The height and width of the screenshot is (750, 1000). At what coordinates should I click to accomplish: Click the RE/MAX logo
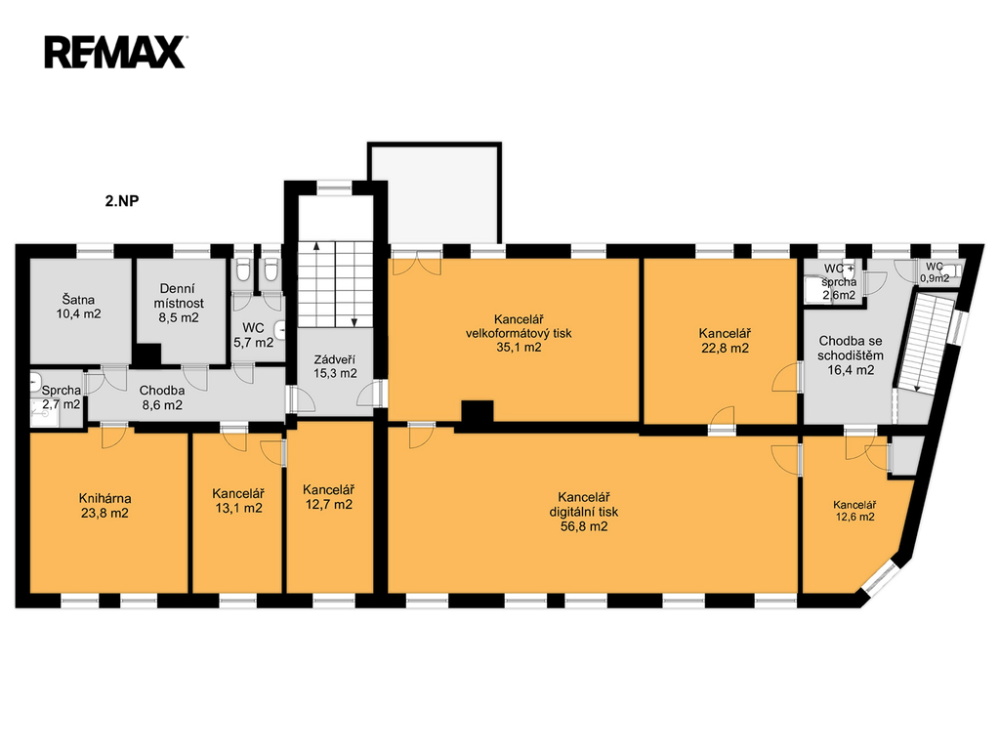(x=114, y=51)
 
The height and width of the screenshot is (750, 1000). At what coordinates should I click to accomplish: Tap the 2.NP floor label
(x=121, y=202)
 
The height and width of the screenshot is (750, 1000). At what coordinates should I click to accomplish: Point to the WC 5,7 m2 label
(x=254, y=335)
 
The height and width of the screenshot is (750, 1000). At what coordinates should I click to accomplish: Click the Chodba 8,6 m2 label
(x=160, y=396)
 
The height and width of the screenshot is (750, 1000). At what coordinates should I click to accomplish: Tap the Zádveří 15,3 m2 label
(x=335, y=365)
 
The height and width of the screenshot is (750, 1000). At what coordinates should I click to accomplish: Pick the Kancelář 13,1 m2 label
(x=238, y=500)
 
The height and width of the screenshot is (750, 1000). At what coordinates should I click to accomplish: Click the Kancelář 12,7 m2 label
(x=328, y=497)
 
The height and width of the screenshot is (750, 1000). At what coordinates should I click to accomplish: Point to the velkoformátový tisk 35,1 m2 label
(x=518, y=333)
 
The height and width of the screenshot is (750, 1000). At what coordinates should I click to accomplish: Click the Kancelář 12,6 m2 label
(x=854, y=511)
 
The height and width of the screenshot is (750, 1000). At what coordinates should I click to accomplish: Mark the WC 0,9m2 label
(x=935, y=271)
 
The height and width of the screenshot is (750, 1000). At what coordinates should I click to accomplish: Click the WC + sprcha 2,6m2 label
(x=839, y=281)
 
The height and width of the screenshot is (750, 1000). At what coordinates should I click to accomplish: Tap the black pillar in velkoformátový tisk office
(x=477, y=414)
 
